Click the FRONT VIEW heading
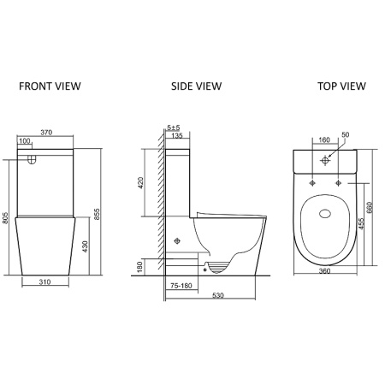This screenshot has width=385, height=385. [x=50, y=86]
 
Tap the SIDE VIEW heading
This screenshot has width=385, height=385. [x=196, y=86]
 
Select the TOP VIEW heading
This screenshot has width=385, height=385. [x=341, y=86]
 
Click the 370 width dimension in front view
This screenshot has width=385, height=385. [x=46, y=133]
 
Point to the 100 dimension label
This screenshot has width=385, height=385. [x=25, y=141]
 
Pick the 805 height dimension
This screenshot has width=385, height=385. [x=5, y=218]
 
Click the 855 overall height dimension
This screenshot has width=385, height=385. [x=97, y=214]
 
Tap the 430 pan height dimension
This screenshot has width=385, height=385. [x=85, y=246]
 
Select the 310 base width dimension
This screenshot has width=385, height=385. [x=44, y=281]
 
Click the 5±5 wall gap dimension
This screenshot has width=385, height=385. [x=174, y=127]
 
